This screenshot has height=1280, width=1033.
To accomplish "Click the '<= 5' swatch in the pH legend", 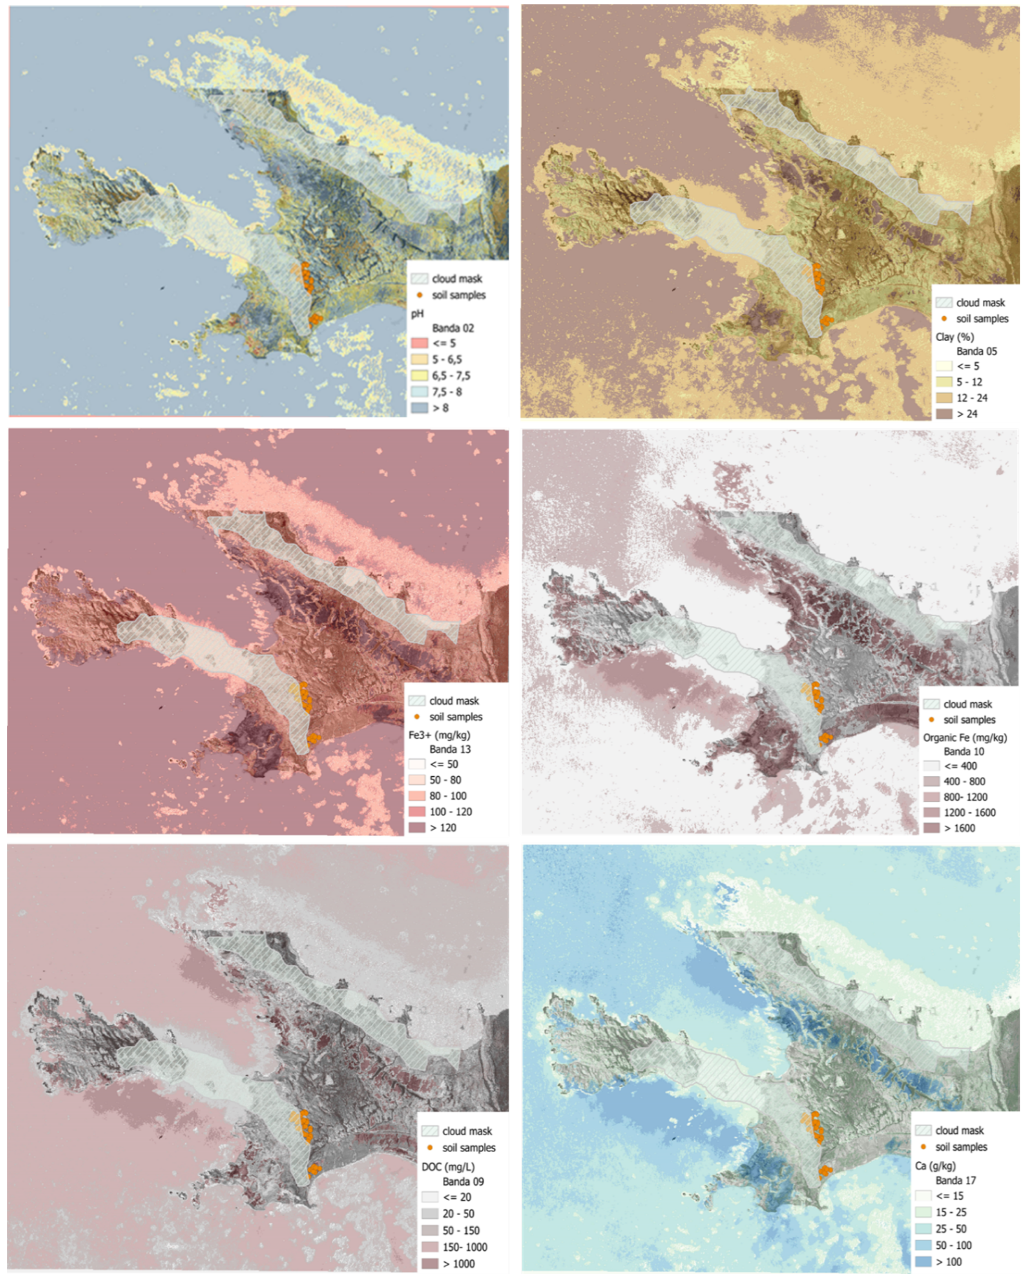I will coord(420,343).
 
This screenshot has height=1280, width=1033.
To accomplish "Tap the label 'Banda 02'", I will coord(453,328).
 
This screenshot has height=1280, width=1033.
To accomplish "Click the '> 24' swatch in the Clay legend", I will coord(944,413).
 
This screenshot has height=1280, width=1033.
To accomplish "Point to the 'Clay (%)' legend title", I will coord(955,337).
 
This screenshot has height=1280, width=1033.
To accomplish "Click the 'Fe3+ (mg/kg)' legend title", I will coord(439,735).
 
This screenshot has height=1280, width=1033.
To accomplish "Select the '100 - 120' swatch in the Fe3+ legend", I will coord(417,812).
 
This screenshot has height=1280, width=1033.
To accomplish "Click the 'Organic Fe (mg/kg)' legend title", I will coord(965,737).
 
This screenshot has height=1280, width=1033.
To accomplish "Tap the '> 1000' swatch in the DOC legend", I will coord(430,1264).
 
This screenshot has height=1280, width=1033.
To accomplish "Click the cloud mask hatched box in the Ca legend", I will coord(923,1130).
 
